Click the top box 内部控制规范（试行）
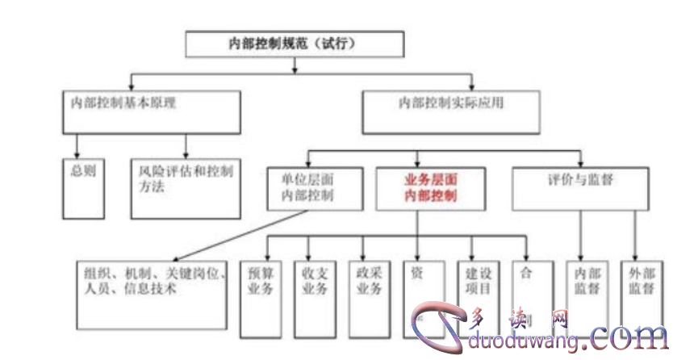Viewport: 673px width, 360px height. point(294,44)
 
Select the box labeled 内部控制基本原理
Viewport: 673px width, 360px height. point(152,111)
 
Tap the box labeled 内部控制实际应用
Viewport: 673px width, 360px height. point(451,111)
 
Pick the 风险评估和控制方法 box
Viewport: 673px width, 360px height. point(185,188)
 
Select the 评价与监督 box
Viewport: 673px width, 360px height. point(579,187)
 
